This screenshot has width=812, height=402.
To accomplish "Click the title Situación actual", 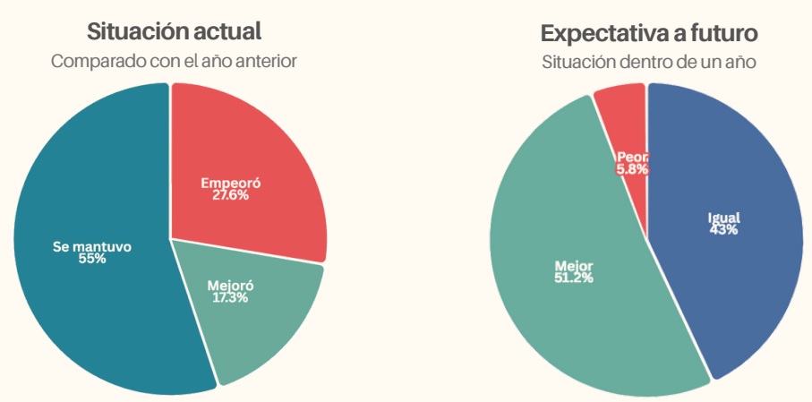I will coord(174,31).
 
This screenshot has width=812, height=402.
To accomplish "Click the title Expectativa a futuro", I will coord(649,34).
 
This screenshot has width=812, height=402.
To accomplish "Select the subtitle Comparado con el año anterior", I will coord(174,62).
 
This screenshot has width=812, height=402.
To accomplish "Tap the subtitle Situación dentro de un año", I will coord(649,63).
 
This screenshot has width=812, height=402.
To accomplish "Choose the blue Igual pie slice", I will coord(743,269).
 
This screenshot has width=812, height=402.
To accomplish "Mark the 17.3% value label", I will coord(230,297).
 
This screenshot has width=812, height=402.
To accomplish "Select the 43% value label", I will coord(723,229).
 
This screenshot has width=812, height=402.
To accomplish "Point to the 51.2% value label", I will coord(573,278).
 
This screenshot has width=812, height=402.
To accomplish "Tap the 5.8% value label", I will coord(632,168).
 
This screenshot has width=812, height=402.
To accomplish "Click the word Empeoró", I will coord(230,183).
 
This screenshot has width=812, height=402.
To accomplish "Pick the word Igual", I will coord(723,218).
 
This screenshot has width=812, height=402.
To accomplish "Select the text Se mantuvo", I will coord(91,246).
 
